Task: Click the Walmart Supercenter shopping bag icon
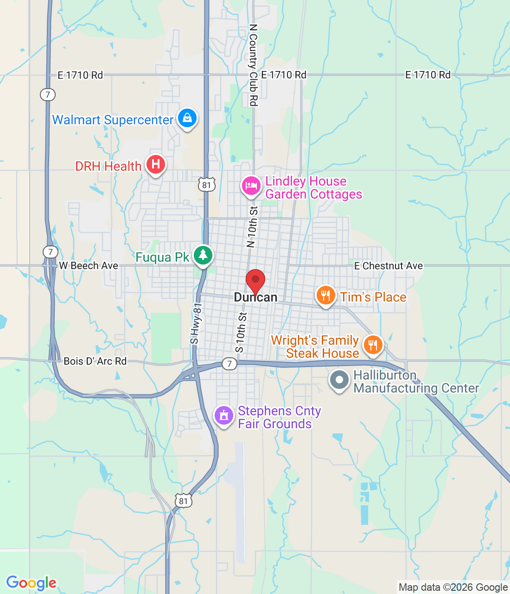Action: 187,118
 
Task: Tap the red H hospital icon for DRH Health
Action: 156,164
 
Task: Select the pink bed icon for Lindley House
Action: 251,186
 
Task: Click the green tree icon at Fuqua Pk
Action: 203,255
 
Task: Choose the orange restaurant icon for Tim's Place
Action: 325,295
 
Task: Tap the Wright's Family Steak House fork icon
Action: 373,345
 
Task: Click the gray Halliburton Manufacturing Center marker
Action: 339,380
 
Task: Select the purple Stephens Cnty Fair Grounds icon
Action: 224,415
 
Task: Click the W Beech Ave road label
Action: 89,266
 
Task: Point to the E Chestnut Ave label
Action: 389,266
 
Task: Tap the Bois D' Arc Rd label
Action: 95,361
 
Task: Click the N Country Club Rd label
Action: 253,65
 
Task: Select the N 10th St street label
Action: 252,227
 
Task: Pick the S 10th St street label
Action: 241,332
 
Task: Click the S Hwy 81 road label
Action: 197,324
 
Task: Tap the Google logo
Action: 31,583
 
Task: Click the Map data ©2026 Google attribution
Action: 453,588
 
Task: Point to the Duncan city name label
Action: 255,297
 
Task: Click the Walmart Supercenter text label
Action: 113,120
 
